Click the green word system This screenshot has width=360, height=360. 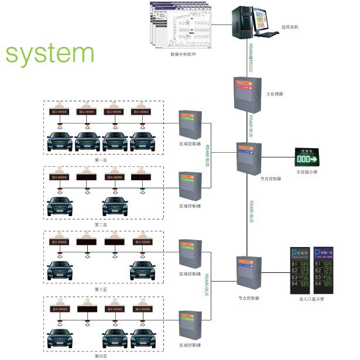click(49, 54)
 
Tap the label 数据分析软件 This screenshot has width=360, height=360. click(183, 55)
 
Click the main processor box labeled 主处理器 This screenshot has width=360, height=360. click(246, 94)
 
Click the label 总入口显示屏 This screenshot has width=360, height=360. click(311, 299)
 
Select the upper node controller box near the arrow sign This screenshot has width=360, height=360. click(249, 156)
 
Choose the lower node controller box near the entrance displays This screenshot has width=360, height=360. click(249, 273)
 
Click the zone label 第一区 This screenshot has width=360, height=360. click(100, 159)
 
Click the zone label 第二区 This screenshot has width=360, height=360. click(100, 224)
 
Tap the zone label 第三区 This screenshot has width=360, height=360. click(100, 289)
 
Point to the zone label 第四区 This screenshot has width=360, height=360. click(100, 355)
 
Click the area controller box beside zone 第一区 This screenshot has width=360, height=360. click(190, 122)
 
